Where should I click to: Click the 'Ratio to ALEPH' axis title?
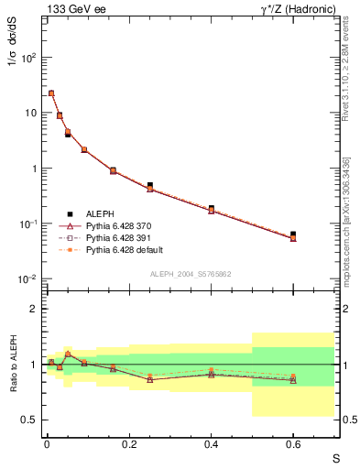[x=15, y=364]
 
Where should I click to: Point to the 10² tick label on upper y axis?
[x=27, y=58]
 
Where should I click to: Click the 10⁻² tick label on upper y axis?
[x=27, y=279]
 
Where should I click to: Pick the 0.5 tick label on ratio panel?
[x=29, y=420]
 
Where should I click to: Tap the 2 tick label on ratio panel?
[x=34, y=309]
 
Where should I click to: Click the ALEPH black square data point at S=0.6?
[x=293, y=234]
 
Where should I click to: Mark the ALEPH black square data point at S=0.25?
[x=149, y=185]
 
